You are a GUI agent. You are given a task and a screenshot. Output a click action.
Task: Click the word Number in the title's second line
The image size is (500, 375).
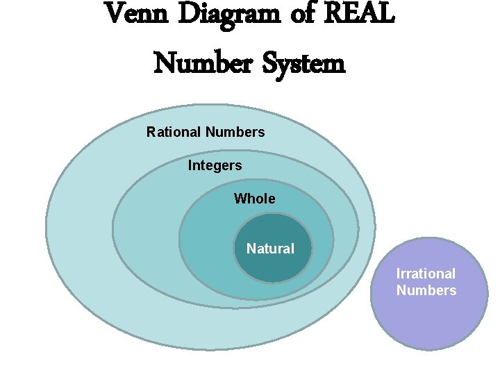tap(202, 64)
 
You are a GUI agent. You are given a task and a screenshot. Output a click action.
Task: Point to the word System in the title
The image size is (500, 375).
tap(304, 64)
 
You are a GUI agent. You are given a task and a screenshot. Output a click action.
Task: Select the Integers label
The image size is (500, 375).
tap(215, 166)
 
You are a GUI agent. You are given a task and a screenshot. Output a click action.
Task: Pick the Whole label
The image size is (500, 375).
tap(254, 199)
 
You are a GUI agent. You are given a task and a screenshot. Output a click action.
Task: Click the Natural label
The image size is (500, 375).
tap(270, 249)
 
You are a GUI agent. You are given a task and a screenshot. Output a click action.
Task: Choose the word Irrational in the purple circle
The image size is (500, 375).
tap(426, 274)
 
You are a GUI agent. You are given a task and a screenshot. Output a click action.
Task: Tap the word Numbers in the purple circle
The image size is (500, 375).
tap(426, 290)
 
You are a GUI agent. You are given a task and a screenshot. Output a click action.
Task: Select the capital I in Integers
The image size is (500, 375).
tap(190, 166)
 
